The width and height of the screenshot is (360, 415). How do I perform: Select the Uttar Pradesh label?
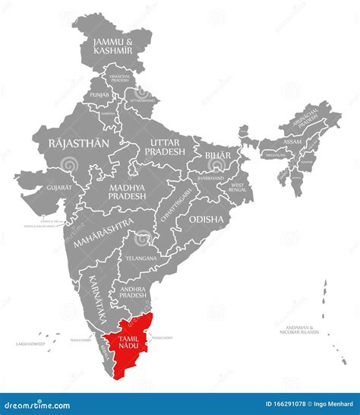tap(164, 147)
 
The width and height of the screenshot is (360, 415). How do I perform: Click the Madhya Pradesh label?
tap(127, 191)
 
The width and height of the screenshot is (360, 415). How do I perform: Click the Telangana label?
tap(142, 258)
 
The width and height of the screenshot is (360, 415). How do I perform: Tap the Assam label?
tap(292, 141)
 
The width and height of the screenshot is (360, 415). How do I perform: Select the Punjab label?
tap(100, 94)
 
